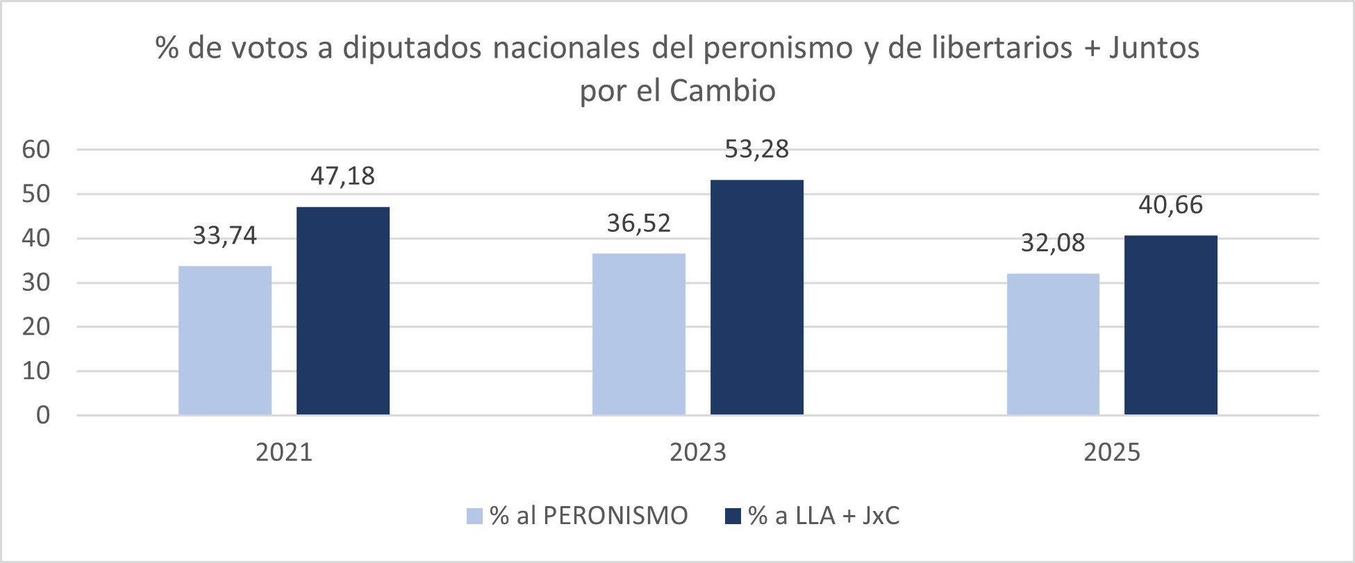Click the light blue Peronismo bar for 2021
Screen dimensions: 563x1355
(225, 340)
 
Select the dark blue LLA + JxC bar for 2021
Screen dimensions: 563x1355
(343, 311)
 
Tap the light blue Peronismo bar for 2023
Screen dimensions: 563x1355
(639, 334)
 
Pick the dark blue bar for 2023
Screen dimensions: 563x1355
(757, 297)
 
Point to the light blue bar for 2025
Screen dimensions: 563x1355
(1053, 344)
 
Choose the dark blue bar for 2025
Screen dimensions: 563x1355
(1171, 325)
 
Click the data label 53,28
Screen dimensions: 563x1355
(757, 150)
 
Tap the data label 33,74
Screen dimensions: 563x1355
(225, 236)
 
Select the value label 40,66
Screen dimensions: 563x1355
(1171, 205)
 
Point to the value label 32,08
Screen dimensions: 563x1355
(1053, 243)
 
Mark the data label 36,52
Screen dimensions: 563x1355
(639, 224)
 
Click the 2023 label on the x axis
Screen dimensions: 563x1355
(698, 453)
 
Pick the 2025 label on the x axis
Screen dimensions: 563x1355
(1112, 453)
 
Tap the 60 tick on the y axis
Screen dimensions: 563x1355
(36, 149)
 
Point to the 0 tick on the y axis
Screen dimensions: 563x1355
(43, 415)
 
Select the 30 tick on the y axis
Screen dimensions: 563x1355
(36, 283)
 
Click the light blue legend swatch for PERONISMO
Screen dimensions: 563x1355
(474, 516)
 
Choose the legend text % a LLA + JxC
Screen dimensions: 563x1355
(824, 516)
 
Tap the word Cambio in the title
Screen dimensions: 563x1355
(722, 91)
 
